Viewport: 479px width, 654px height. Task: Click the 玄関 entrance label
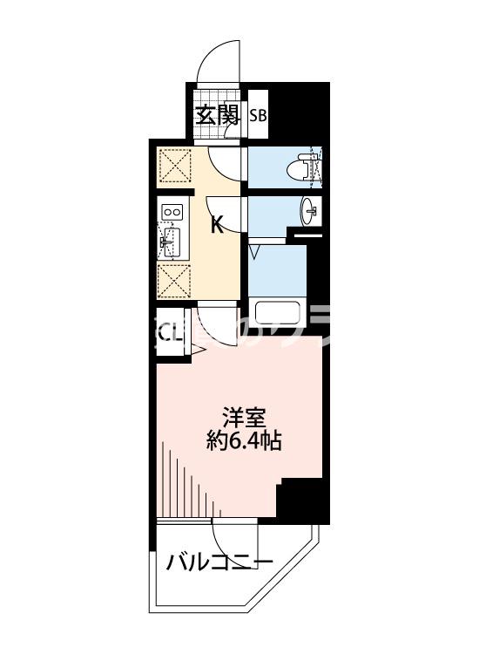tap(216, 115)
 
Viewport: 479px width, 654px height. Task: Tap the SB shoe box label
tap(258, 115)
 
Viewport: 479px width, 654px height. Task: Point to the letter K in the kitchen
tap(218, 225)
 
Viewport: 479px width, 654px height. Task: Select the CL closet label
tap(169, 332)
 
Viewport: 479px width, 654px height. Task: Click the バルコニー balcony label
tap(219, 561)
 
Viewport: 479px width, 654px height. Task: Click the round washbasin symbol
tap(311, 209)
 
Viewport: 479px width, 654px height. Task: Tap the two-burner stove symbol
tap(172, 211)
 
